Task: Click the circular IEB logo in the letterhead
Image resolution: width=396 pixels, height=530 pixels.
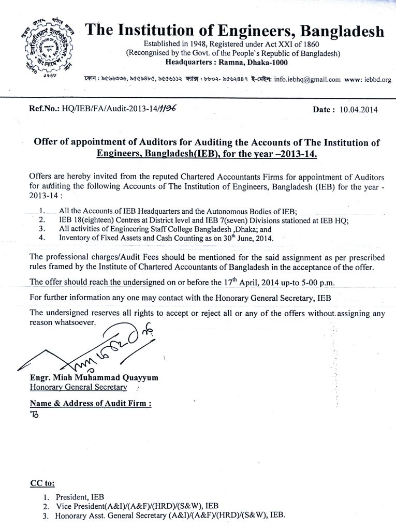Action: (x=45, y=53)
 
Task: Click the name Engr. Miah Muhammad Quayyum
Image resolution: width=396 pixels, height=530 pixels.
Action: (x=94, y=378)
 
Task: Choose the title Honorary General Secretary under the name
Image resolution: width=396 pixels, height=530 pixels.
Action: (x=78, y=387)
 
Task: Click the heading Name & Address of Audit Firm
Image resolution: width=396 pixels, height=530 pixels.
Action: (x=91, y=403)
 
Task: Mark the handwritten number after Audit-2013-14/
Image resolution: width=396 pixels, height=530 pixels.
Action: (x=174, y=109)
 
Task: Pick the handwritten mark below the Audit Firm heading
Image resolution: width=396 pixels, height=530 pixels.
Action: (x=34, y=414)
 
